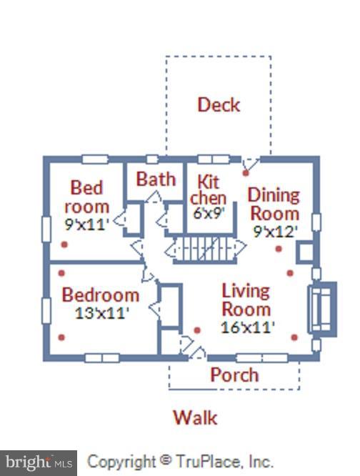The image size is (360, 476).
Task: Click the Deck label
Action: pyautogui.click(x=219, y=105)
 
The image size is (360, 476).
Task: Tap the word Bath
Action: pyautogui.click(x=156, y=179)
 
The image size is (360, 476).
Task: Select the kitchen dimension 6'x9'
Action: pyautogui.click(x=209, y=213)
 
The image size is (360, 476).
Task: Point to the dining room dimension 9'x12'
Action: pyautogui.click(x=274, y=232)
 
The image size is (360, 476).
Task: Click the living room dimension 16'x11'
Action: pyautogui.click(x=247, y=327)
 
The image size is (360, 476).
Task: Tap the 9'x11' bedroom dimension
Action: pyautogui.click(x=86, y=224)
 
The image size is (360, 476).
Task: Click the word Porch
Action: pyautogui.click(x=234, y=375)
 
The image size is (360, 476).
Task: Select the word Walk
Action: pyautogui.click(x=195, y=417)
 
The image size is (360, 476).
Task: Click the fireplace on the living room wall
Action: pyautogui.click(x=322, y=309)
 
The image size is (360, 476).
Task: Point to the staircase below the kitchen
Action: pyautogui.click(x=205, y=249)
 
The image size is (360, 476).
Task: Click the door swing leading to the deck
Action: pyautogui.click(x=250, y=164)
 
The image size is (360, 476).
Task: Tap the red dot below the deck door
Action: pyautogui.click(x=246, y=173)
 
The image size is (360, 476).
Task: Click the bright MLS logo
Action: pyautogui.click(x=39, y=463)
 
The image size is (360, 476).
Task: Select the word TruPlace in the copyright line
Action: pyautogui.click(x=208, y=462)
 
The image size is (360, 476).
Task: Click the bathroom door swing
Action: pyautogui.click(x=154, y=197)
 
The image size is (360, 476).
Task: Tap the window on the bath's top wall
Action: pyautogui.click(x=152, y=159)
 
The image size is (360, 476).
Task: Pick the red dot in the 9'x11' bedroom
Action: pyautogui.click(x=64, y=244)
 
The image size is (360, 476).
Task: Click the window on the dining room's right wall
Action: pyautogui.click(x=316, y=223)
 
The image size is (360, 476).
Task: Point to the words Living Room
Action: pyautogui.click(x=246, y=300)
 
